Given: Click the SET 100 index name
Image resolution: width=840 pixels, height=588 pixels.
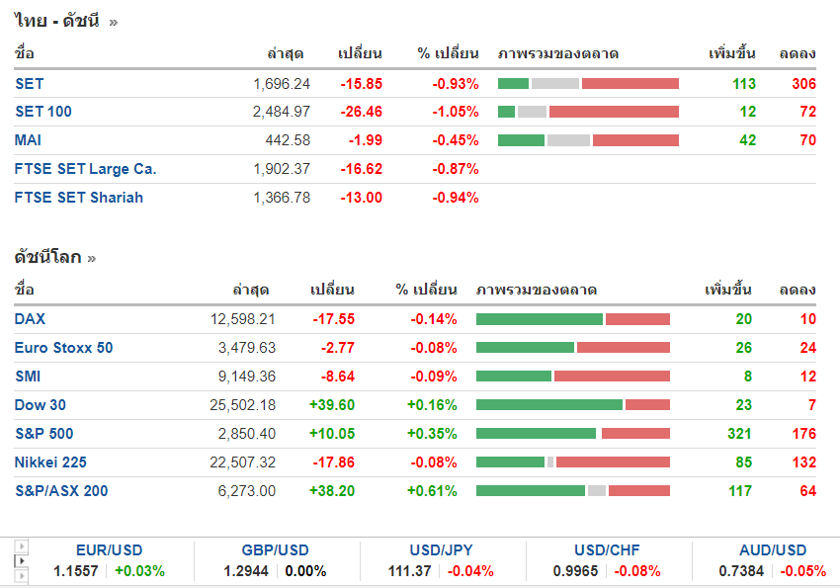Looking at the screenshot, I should (x=43, y=112).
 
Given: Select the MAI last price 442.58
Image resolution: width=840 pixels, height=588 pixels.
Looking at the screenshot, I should (x=288, y=140).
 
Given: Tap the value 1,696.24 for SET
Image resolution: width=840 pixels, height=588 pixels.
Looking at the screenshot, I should (x=282, y=84).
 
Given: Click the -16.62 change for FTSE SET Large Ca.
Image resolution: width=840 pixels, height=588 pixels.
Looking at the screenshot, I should (x=361, y=169).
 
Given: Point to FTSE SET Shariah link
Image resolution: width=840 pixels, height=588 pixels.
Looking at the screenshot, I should (x=79, y=198).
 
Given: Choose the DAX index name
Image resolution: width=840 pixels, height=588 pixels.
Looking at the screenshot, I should (x=30, y=319).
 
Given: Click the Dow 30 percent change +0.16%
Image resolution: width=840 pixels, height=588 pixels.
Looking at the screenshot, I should (x=432, y=405).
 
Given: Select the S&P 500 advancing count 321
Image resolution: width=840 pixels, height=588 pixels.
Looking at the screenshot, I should (x=737, y=434).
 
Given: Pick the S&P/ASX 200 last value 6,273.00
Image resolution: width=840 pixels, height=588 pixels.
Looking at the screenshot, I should (x=247, y=491).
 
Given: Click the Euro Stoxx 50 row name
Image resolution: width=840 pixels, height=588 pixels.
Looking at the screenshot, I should (x=63, y=348).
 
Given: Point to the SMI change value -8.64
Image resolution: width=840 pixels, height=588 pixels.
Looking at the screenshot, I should (x=335, y=377).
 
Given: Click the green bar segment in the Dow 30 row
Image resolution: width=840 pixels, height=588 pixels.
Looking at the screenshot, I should (x=548, y=405).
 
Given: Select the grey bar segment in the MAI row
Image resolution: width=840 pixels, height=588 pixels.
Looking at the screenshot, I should (x=568, y=140).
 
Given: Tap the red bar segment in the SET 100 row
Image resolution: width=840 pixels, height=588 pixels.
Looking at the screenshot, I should (x=614, y=112).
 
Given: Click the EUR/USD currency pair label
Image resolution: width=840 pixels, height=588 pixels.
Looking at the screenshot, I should (x=109, y=550).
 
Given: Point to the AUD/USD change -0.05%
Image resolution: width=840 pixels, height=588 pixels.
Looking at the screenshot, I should (x=803, y=571).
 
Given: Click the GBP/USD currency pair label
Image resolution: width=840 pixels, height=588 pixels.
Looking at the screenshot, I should (x=276, y=550).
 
